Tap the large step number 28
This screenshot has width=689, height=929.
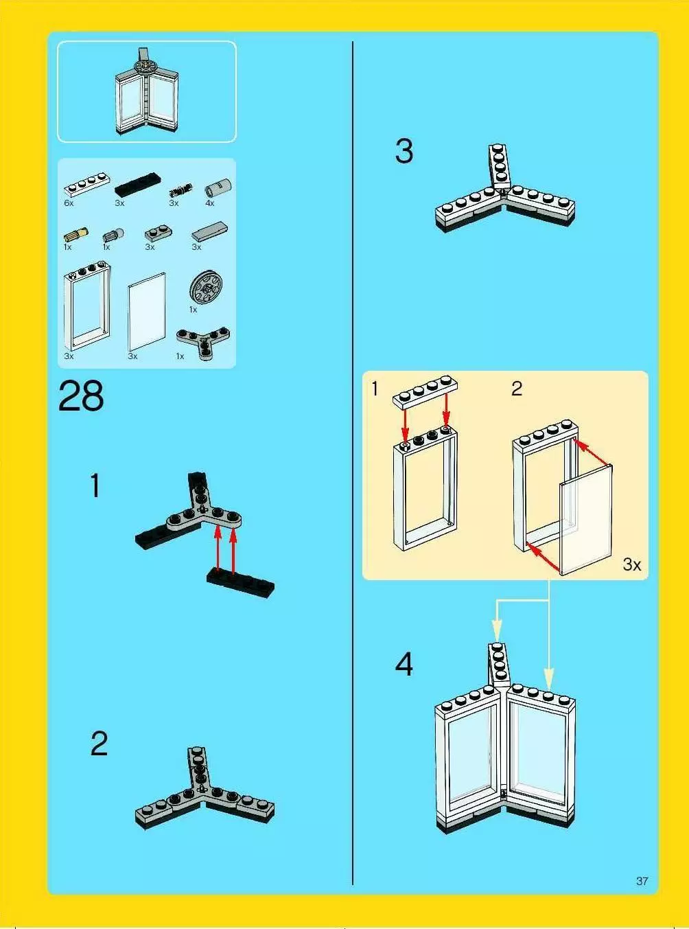coord(81,395)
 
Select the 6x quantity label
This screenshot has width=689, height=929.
coord(69,203)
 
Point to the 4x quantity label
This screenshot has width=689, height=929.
coord(210,203)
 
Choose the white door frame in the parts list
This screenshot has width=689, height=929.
coord(87,306)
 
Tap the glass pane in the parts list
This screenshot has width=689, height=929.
coord(146,312)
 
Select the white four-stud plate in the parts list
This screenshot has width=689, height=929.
coord(87,184)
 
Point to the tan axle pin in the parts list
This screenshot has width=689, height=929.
coord(75,235)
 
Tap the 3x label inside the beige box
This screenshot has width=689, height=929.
coord(631,564)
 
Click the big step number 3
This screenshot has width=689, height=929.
coord(404,151)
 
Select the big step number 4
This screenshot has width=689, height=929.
coord(404,664)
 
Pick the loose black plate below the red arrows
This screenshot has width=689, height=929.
coord(241,584)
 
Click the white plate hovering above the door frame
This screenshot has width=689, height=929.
coord(425,392)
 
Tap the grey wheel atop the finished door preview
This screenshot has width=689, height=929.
coord(146,67)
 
